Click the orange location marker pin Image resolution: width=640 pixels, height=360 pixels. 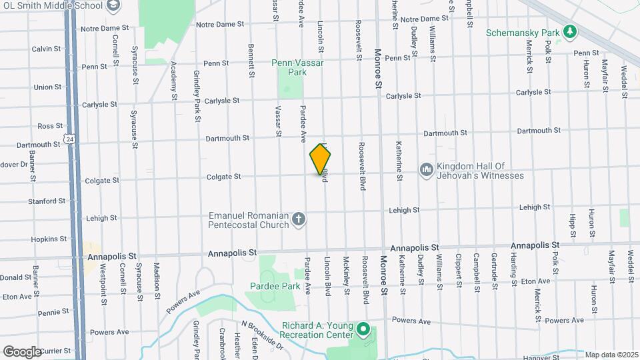(321, 159)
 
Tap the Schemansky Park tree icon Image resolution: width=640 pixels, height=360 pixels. (569, 31)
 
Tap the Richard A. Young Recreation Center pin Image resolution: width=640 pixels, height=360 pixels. (363, 329)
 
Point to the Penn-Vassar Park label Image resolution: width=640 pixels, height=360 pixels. (289, 67)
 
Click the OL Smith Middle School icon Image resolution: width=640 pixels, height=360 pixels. (113, 6)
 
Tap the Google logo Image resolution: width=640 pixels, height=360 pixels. (23, 351)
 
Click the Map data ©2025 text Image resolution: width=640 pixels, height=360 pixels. (611, 355)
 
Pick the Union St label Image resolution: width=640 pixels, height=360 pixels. (47, 87)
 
